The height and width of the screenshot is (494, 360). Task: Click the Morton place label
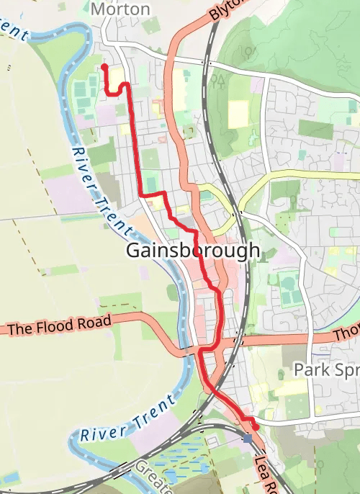[x=121, y=9]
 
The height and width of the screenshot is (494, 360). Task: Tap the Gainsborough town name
[x=192, y=251]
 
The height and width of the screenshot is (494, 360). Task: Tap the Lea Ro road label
[x=265, y=469]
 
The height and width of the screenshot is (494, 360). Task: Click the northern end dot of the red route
[x=104, y=67]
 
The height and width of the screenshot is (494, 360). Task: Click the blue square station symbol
[x=248, y=438]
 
